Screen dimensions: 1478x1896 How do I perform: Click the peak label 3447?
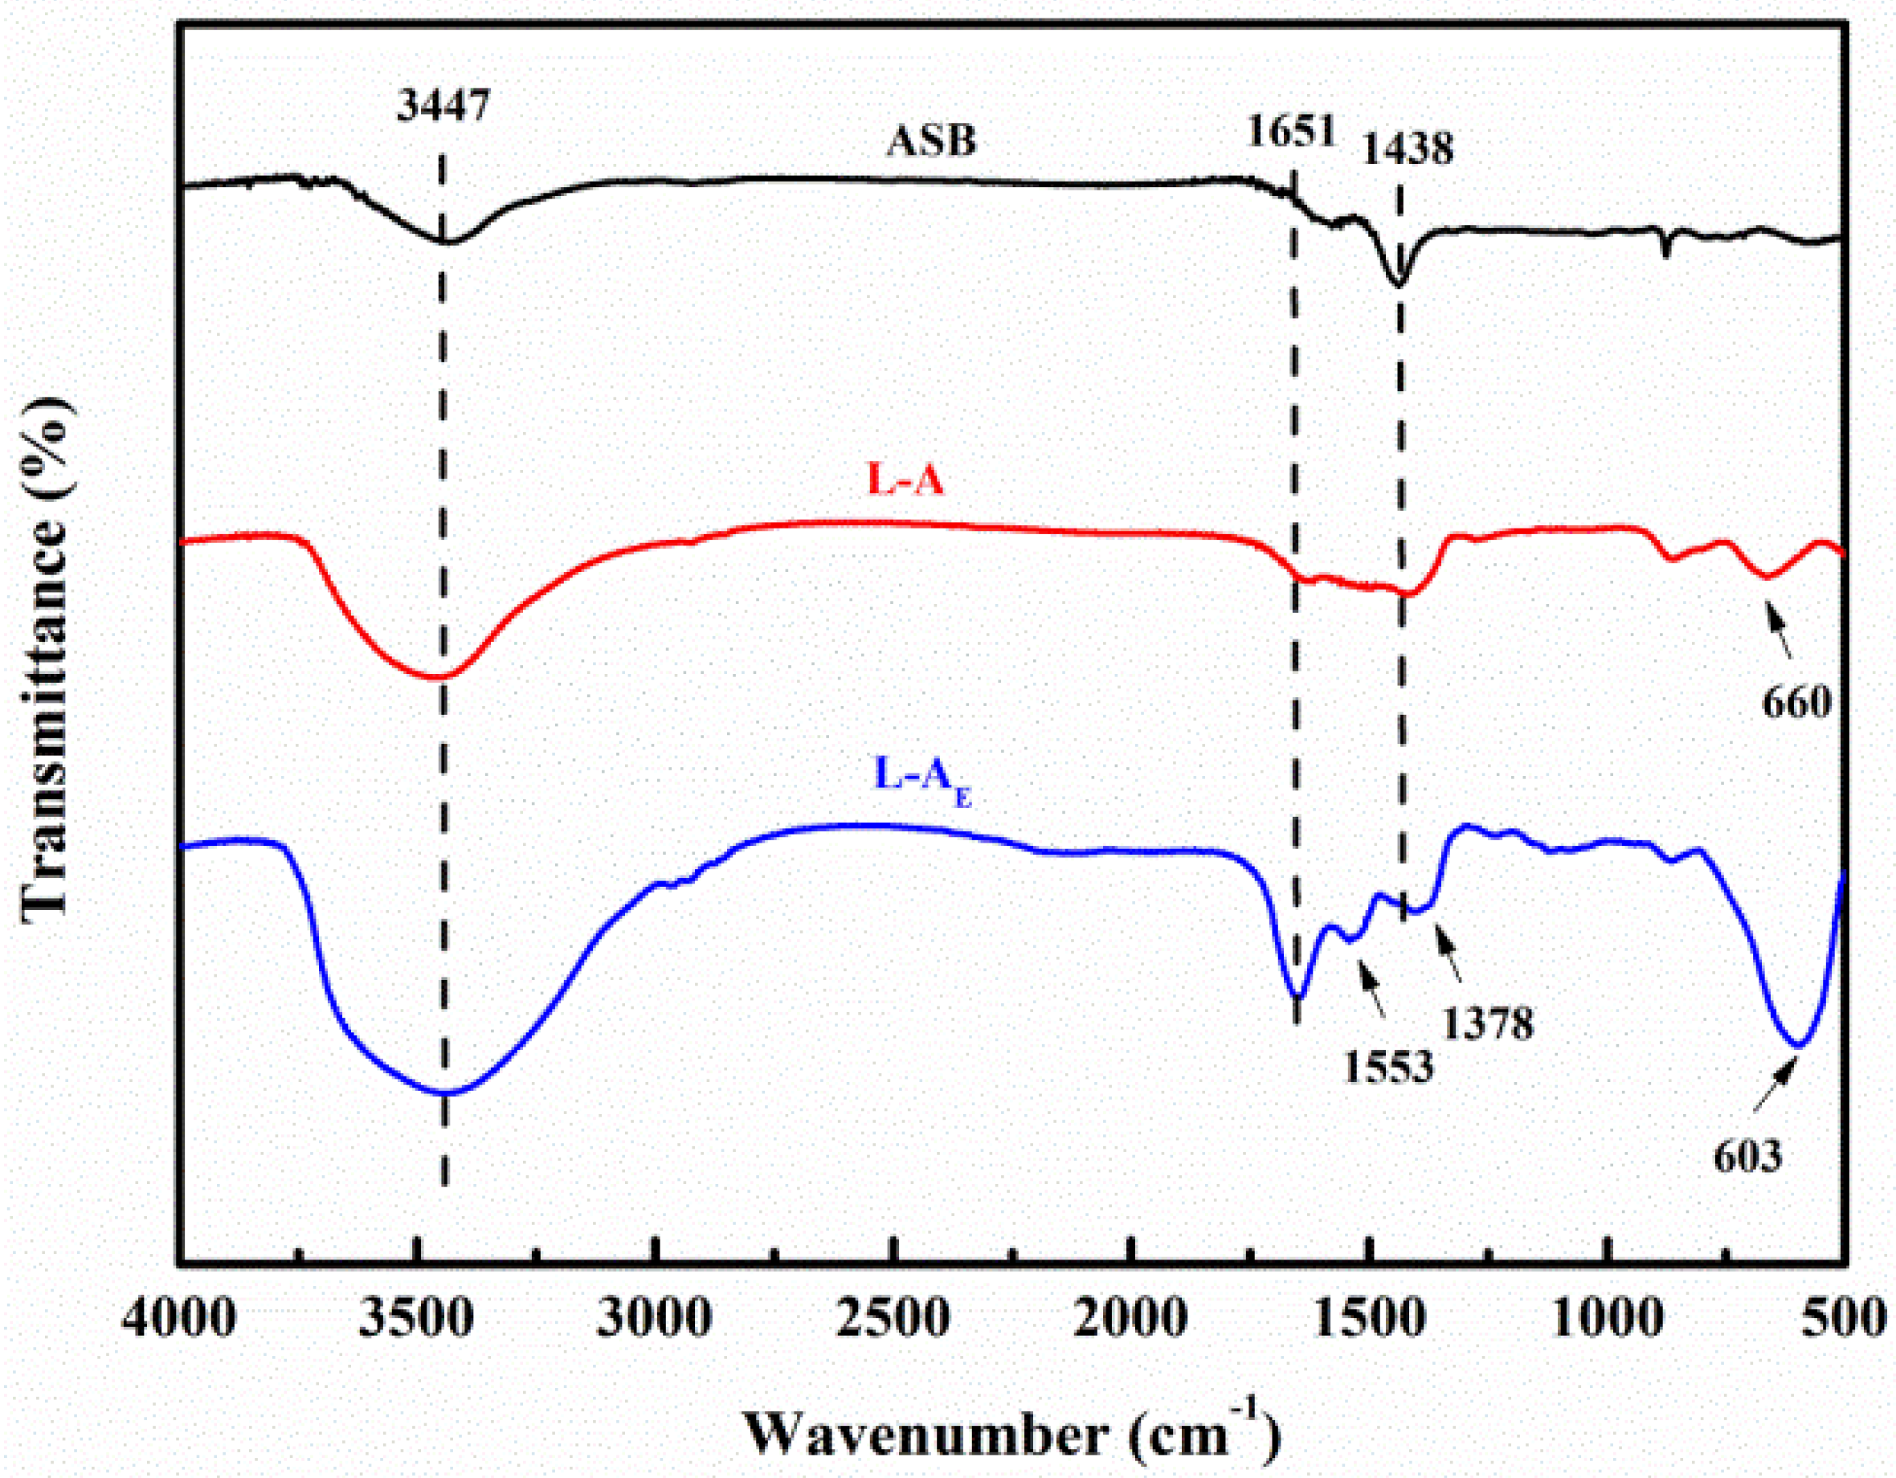(443, 105)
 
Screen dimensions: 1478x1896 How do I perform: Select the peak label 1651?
(1291, 131)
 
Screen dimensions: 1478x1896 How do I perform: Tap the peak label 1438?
(1407, 149)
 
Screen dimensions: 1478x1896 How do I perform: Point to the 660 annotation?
(1796, 701)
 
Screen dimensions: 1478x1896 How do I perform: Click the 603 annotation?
(1747, 1156)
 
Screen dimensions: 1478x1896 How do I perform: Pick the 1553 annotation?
(1388, 1066)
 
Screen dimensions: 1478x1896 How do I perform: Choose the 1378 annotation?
(1488, 1023)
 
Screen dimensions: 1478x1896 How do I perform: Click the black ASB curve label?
(930, 140)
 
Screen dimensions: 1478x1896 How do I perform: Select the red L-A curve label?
(905, 478)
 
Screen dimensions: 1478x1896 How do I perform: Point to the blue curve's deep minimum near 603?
(1798, 1045)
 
